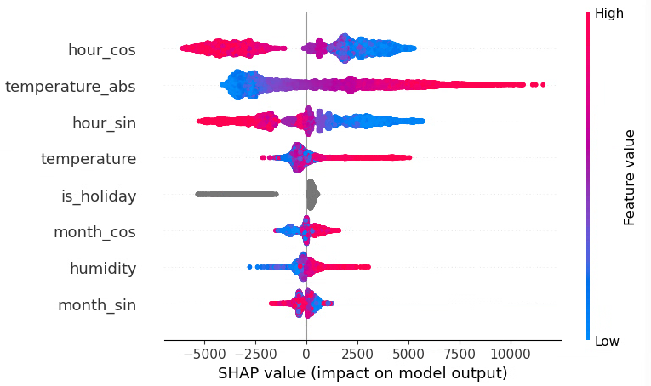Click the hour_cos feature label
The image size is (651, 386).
102,50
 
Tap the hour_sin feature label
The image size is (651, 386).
104,123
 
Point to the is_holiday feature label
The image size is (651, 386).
99,196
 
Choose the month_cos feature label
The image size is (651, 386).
94,232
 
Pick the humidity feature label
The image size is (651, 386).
103,269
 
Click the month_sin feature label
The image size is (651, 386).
96,305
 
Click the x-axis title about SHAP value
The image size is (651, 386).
363,372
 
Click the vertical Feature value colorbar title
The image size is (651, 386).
630,177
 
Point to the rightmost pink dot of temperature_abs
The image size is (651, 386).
543,84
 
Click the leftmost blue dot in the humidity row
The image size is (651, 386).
249,266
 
